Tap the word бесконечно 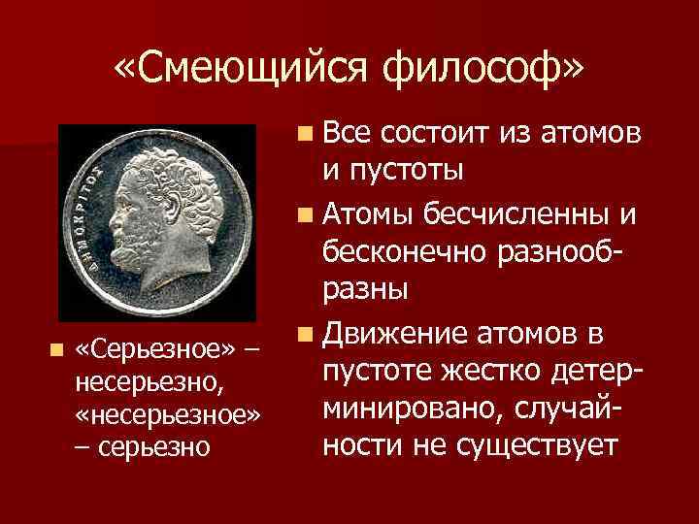click(x=409, y=249)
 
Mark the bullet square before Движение click(x=306, y=336)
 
